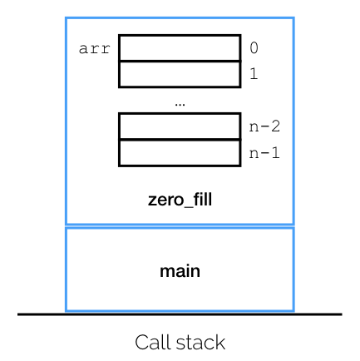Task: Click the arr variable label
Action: pyautogui.click(x=95, y=49)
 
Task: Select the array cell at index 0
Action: pyautogui.click(x=180, y=47)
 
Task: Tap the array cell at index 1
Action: pyautogui.click(x=180, y=74)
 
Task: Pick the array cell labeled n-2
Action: pyautogui.click(x=180, y=126)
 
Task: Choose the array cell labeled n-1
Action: pyautogui.click(x=180, y=153)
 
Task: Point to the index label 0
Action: pyautogui.click(x=254, y=47)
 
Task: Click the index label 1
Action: pyautogui.click(x=254, y=74)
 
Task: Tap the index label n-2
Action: pyautogui.click(x=264, y=126)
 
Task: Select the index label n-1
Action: pyautogui.click(x=264, y=153)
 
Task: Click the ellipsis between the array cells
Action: pyautogui.click(x=180, y=105)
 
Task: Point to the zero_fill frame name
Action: pyautogui.click(x=180, y=200)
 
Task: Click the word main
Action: pyautogui.click(x=180, y=271)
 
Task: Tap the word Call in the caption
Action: pyautogui.click(x=154, y=343)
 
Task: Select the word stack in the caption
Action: pyautogui.click(x=200, y=343)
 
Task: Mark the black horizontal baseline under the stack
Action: pyautogui.click(x=180, y=314)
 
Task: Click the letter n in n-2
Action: pyautogui.click(x=254, y=127)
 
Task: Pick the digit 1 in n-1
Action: pyautogui.click(x=275, y=153)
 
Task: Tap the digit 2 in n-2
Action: pyautogui.click(x=275, y=126)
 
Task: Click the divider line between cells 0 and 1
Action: pyautogui.click(x=180, y=61)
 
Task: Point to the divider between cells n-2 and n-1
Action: pyautogui.click(x=180, y=140)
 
